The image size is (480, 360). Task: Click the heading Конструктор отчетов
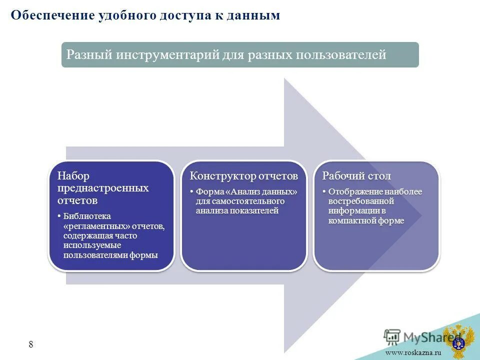243,176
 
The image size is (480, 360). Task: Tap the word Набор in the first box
73,176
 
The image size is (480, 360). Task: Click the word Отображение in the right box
353,191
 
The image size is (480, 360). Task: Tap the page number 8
31,344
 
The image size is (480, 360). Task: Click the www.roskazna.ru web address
413,353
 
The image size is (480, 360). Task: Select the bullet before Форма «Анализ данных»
192,192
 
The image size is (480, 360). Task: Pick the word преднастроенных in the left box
102,188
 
